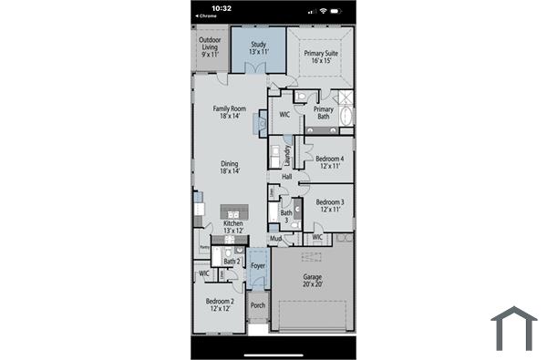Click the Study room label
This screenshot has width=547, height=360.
click(x=258, y=47)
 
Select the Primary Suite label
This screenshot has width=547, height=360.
click(x=321, y=57)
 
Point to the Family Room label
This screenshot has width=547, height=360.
click(x=230, y=112)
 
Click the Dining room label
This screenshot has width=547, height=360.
click(x=229, y=168)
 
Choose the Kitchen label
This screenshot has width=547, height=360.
click(x=233, y=227)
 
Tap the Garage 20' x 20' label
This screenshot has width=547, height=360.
click(x=312, y=281)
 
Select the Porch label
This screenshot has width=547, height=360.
click(x=258, y=305)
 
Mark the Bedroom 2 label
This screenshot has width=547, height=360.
click(x=220, y=304)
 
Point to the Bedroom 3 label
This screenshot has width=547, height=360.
click(x=329, y=205)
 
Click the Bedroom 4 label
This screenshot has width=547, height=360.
click(x=329, y=161)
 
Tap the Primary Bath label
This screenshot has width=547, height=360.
click(x=323, y=113)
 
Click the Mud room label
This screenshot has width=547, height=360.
click(x=274, y=238)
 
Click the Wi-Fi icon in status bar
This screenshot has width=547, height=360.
click(x=323, y=9)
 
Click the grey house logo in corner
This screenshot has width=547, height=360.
click(x=514, y=328)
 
